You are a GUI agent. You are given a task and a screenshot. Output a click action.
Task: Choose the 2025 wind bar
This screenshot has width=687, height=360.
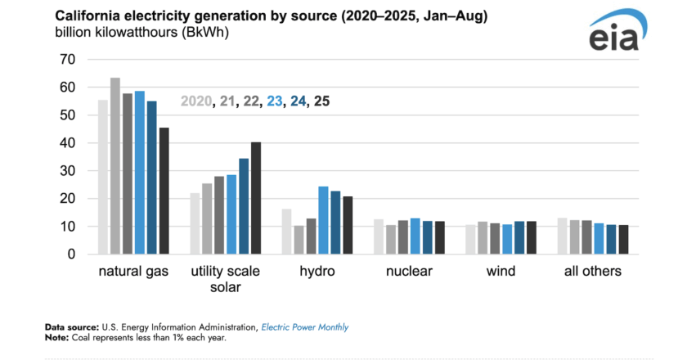[x=531, y=237]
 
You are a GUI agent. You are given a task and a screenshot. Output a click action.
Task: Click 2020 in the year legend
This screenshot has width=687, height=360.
[x=195, y=102]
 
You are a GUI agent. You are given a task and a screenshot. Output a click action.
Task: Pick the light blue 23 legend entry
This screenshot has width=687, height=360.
[x=274, y=102]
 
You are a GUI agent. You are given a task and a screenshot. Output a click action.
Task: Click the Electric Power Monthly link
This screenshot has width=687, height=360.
[x=305, y=327]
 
